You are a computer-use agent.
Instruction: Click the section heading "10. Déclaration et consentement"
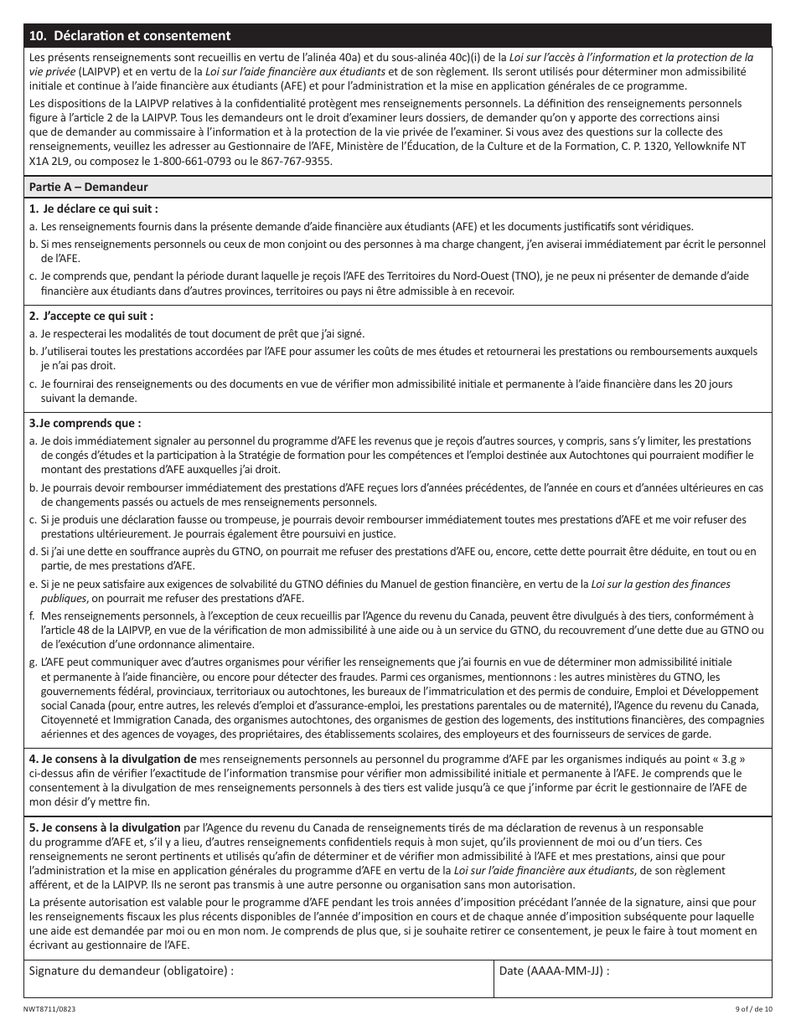[x=129, y=36]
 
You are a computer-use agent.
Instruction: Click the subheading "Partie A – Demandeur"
[x=89, y=187]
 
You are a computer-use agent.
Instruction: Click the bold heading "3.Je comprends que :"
[x=85, y=423]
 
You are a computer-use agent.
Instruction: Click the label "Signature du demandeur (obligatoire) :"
[x=132, y=971]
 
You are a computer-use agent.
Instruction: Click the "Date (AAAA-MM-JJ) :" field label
[x=554, y=971]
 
